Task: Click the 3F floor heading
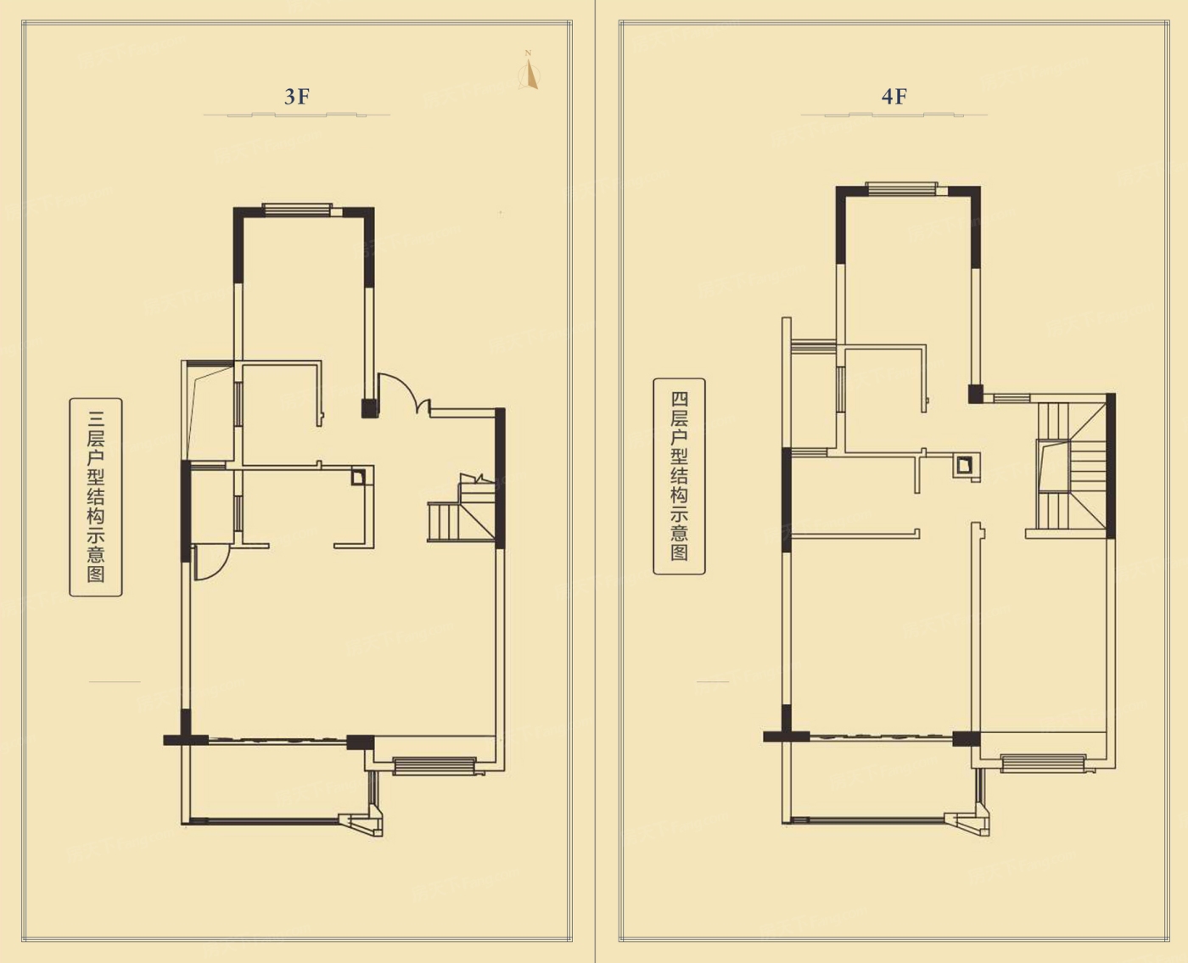click(x=297, y=97)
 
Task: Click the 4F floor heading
click(x=894, y=97)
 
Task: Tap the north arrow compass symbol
click(x=530, y=71)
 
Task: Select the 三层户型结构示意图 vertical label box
click(x=96, y=497)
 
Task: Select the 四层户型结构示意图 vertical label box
click(x=680, y=476)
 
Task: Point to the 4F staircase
click(x=1071, y=466)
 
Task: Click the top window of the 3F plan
click(x=297, y=210)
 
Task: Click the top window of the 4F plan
click(x=901, y=189)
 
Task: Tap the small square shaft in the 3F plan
click(x=358, y=477)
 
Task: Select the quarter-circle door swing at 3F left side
click(x=212, y=563)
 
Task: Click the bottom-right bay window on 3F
click(x=434, y=765)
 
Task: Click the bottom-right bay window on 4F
click(x=1043, y=764)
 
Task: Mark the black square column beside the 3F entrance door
click(x=369, y=408)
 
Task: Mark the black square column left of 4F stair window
click(x=976, y=394)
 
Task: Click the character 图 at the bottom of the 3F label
click(x=96, y=574)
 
